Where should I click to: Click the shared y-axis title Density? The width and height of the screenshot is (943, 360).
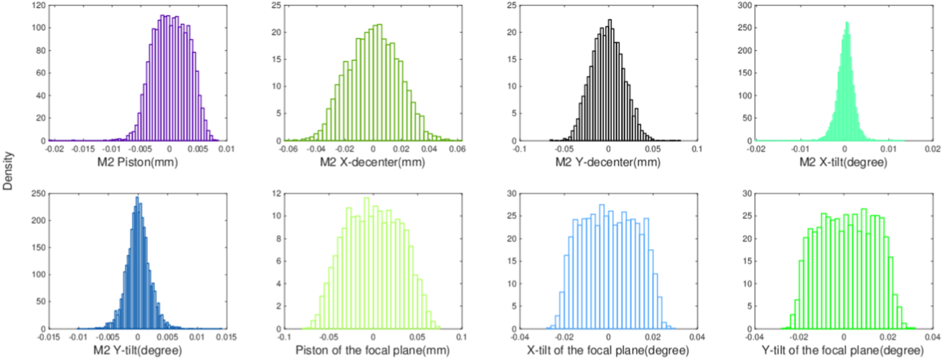8,171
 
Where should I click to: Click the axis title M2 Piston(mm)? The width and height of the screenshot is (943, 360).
137,162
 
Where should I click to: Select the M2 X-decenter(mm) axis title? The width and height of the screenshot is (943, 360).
372,162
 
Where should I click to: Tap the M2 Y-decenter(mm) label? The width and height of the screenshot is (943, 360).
608,162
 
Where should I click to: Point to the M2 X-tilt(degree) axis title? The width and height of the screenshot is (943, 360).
843,162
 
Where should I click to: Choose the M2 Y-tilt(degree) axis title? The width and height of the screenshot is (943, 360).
137,350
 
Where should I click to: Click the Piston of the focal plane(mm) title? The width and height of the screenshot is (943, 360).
372,350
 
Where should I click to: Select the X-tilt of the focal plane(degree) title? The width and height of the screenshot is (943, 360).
608,350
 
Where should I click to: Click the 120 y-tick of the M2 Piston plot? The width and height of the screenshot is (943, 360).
40,6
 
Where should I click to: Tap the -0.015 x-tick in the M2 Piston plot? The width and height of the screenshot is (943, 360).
83,149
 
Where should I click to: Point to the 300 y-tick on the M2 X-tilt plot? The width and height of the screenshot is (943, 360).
745,6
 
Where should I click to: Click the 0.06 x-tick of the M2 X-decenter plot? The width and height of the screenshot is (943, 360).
457,149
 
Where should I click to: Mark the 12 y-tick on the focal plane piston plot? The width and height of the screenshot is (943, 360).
276,194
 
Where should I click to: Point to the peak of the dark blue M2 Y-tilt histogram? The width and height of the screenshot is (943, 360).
137,198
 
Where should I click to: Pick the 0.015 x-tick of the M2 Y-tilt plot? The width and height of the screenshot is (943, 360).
228,337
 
